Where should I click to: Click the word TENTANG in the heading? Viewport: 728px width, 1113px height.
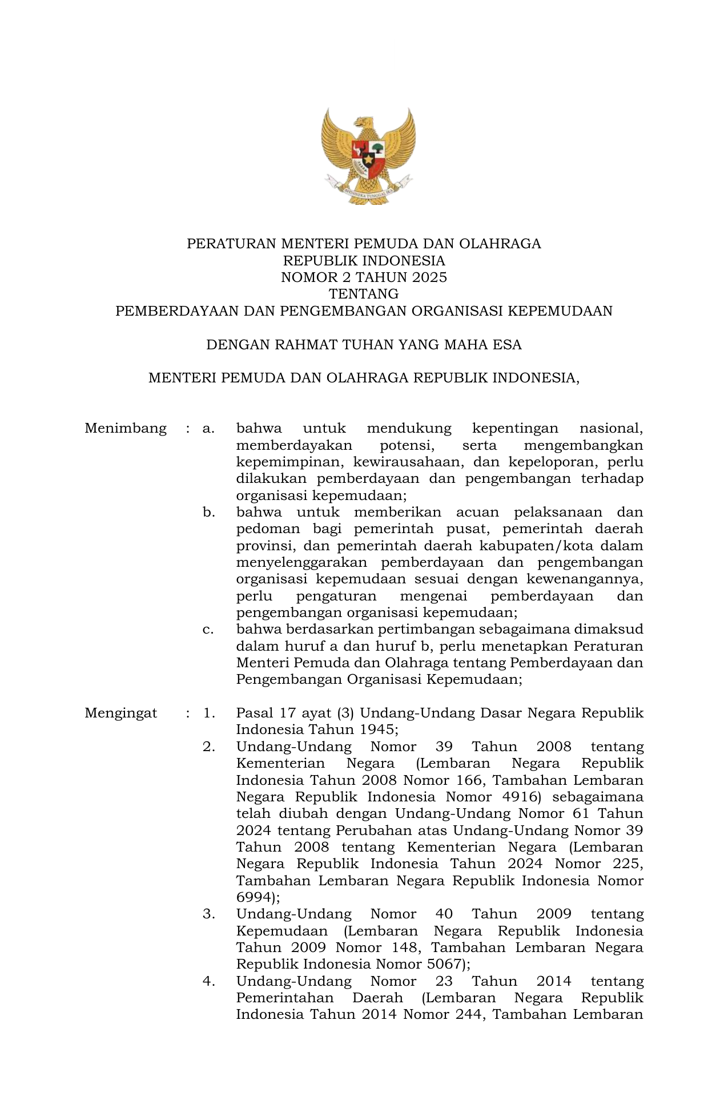pos(364,295)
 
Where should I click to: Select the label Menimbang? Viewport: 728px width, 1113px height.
pos(126,429)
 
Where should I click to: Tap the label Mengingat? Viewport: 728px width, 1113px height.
pos(120,713)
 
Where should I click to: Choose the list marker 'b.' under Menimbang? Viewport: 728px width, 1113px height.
pos(208,513)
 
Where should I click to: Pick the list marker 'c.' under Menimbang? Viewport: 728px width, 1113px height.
pos(208,630)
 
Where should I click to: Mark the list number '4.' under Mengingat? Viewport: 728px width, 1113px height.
pos(208,982)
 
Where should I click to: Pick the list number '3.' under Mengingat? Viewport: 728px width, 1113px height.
pos(208,914)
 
